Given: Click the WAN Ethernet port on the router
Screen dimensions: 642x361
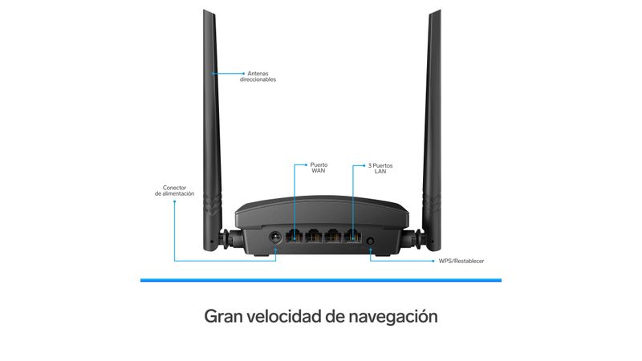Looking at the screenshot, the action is click(295, 236).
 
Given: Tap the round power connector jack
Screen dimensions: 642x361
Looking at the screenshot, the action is click(275, 237).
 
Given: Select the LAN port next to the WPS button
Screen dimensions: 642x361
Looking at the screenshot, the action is click(352, 236).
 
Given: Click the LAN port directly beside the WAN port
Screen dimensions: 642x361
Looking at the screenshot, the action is click(314, 236).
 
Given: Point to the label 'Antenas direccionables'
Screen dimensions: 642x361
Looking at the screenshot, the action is click(258, 76).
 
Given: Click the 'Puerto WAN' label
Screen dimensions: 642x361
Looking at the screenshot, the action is click(319, 168).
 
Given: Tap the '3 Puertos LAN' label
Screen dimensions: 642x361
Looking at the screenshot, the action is click(380, 168).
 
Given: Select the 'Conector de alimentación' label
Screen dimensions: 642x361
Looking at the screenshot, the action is click(174, 191).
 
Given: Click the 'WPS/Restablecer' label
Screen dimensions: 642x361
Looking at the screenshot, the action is click(461, 261).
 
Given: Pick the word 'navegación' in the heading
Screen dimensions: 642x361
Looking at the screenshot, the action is click(393, 317).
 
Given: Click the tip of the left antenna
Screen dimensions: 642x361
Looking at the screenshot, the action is click(209, 11).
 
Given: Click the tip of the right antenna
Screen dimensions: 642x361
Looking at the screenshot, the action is click(435, 11).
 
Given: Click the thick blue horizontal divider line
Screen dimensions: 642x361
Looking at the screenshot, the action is click(321, 280).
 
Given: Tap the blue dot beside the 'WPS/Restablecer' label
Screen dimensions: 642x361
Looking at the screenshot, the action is click(433, 261).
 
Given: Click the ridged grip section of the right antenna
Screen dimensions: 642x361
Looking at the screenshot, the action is click(432, 204).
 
